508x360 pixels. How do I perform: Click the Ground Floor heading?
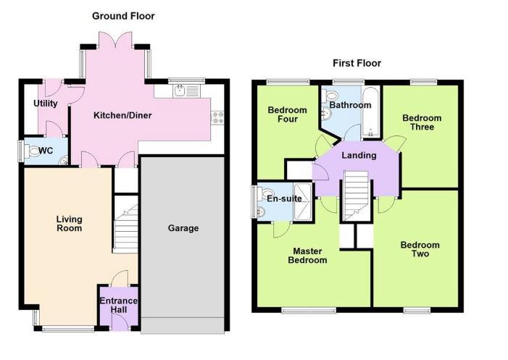point(123,16)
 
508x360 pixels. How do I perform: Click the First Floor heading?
point(357,63)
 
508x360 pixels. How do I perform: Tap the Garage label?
point(183,228)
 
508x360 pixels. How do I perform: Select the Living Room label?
point(70,224)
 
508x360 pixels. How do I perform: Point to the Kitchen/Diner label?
point(122,115)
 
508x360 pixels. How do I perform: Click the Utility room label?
point(45,104)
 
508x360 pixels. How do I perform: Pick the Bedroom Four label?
point(287,115)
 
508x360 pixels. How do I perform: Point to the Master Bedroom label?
point(309,256)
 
